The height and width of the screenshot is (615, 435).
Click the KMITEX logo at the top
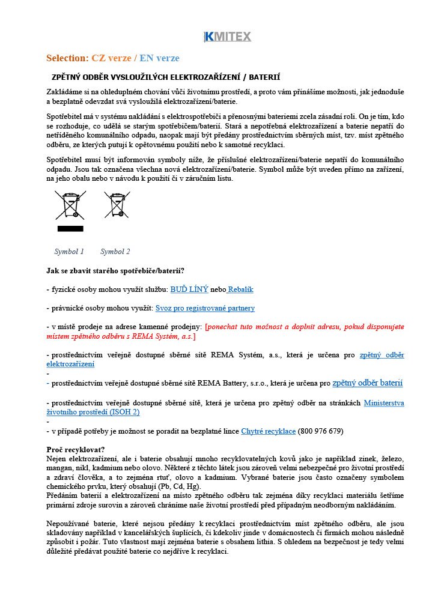pos(227,37)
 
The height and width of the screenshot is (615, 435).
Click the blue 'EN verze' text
pos(159,58)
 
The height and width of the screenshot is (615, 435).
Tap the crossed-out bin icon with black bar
pos(70,205)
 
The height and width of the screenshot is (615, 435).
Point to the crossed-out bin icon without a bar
pos(116,205)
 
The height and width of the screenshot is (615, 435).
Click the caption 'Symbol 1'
pos(69,252)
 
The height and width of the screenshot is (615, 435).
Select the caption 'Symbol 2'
pos(115,252)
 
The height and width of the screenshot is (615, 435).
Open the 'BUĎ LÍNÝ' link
pos(189,289)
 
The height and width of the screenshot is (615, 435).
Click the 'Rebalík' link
pos(240,289)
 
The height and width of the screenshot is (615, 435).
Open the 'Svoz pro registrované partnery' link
pos(205,308)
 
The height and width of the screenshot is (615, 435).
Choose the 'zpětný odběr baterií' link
pos(367,383)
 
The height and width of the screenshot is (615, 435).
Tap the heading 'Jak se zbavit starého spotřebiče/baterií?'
pos(115,271)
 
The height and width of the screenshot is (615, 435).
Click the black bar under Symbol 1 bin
pos(70,229)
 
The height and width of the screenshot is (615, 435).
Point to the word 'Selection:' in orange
pos(67,58)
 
